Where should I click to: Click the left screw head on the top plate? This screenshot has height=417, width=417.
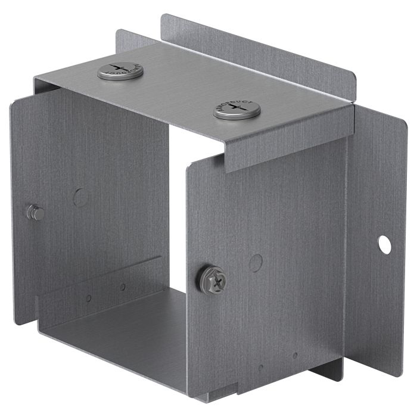(x=120, y=70)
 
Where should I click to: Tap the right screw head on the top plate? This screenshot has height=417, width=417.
(x=237, y=110)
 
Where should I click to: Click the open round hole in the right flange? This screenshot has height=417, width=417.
(x=384, y=244)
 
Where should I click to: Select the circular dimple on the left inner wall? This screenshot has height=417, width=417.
(x=80, y=197)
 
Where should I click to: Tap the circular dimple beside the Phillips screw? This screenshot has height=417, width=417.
(x=256, y=263)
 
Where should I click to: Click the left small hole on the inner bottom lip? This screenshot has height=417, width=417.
(x=88, y=298)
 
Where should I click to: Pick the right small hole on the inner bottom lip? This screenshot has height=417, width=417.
(x=123, y=287)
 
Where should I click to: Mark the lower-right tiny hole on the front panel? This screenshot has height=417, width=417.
(x=295, y=355)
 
